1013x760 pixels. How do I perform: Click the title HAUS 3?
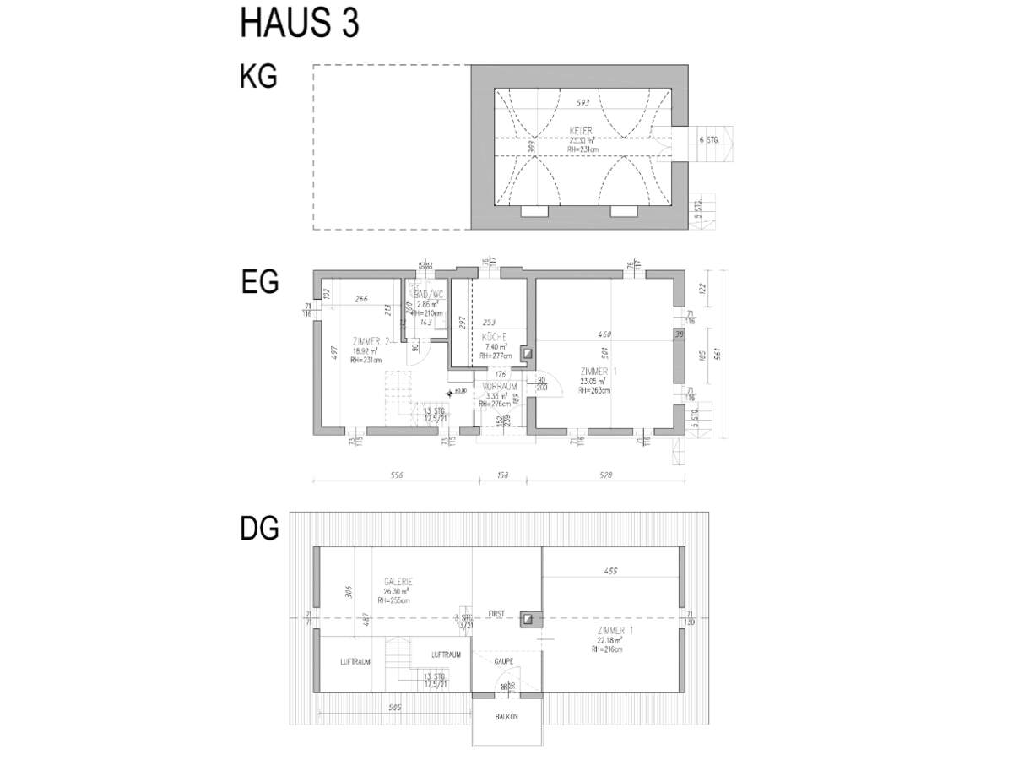click(x=300, y=24)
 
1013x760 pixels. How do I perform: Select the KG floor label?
click(x=258, y=77)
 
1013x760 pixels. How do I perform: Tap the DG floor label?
click(x=260, y=529)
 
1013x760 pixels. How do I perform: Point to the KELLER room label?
click(x=582, y=130)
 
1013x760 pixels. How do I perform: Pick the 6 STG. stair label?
click(x=707, y=140)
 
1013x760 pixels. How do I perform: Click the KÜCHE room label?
click(x=493, y=337)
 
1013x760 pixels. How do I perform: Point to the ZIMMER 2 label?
click(x=371, y=340)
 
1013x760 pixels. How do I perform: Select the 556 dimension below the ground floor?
click(x=396, y=475)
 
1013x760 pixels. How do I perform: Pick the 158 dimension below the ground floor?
click(x=503, y=475)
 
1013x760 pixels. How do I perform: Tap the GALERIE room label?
click(x=398, y=581)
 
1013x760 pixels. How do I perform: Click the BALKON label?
click(x=507, y=716)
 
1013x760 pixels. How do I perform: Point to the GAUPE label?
click(x=504, y=661)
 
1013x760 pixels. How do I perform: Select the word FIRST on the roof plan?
click(x=496, y=615)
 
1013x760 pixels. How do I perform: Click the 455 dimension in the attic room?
click(x=611, y=571)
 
